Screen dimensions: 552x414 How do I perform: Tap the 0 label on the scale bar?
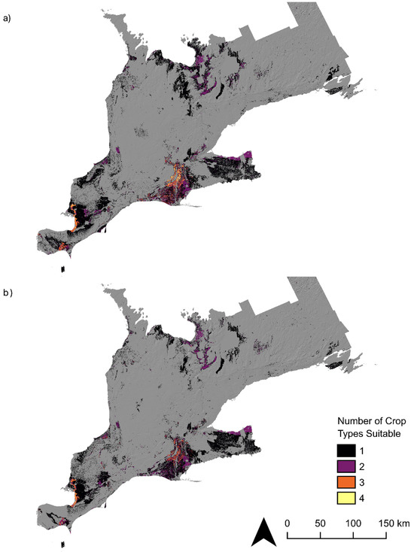(288, 523)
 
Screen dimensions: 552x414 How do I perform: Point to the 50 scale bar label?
(321, 523)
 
